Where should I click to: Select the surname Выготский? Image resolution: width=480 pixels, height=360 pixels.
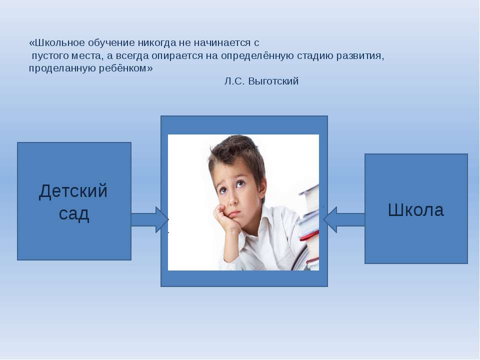point(273,81)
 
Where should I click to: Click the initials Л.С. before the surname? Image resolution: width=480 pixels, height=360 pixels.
point(234,81)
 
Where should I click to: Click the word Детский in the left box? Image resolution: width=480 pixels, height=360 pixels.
point(73,191)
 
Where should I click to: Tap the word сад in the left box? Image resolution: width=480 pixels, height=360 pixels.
point(74,213)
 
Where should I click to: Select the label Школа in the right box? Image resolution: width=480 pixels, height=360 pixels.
point(415,210)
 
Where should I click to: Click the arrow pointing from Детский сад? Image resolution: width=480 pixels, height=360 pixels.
point(150,220)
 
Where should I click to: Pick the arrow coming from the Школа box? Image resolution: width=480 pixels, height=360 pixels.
point(344,220)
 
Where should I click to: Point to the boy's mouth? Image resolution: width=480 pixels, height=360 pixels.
point(234,213)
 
